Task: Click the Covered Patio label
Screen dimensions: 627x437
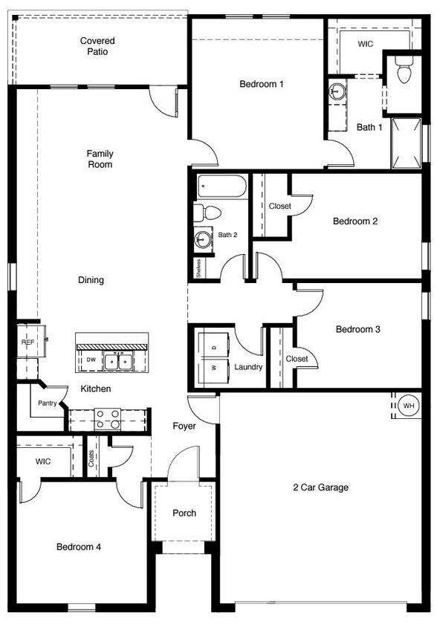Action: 97,46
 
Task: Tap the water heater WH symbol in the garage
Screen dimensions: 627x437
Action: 408,406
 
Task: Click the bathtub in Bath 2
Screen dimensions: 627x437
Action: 221,186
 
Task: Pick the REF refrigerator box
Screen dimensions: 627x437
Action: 27,342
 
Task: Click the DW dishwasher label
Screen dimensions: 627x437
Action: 91,360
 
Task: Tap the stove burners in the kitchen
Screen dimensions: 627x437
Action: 109,418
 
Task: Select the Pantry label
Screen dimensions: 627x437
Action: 48,403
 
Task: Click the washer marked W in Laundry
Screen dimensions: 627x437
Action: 214,368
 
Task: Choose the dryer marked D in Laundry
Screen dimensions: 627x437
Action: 214,347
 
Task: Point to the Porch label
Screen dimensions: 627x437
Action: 184,513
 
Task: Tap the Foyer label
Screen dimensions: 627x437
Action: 184,426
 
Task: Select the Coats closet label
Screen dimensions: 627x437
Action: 91,458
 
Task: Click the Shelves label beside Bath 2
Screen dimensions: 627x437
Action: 199,267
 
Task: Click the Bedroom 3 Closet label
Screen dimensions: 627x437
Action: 297,359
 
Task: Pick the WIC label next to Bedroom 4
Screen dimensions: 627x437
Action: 43,461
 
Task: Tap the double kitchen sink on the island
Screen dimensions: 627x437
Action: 118,362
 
